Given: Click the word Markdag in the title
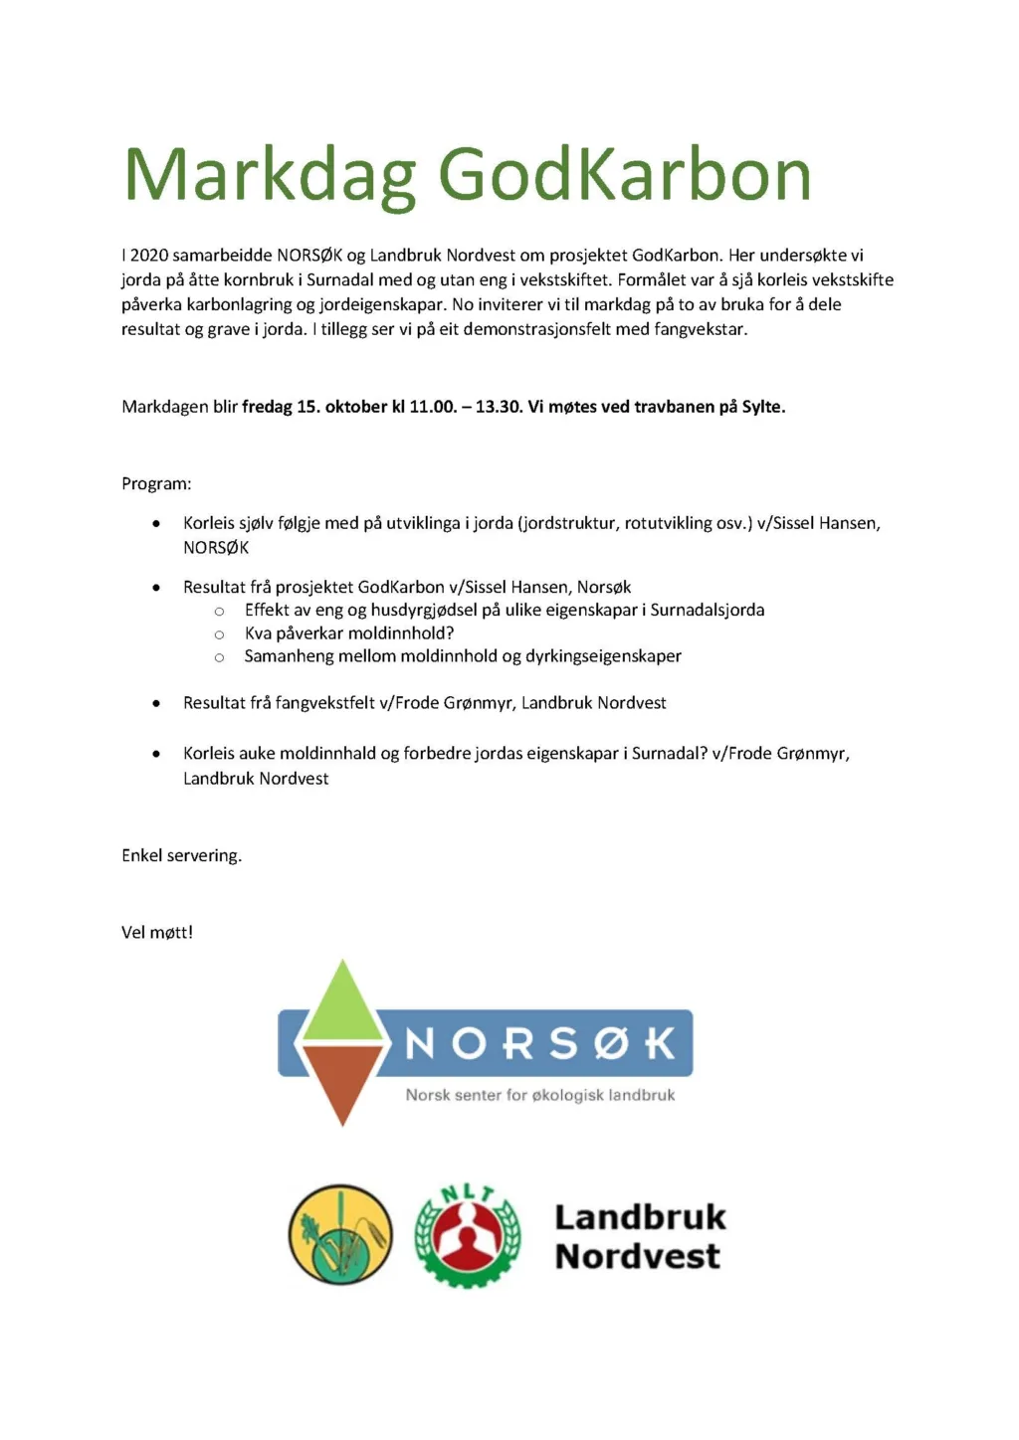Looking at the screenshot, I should point(269,176).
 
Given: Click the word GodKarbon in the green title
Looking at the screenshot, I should point(624,176).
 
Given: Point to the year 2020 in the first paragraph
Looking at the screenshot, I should point(149,256).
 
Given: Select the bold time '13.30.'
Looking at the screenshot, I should point(500,407).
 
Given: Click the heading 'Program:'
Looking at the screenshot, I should point(156,484).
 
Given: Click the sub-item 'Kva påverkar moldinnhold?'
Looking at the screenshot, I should point(349,633).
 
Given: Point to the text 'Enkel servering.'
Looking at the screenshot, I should point(181,856).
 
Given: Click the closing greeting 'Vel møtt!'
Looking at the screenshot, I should point(157,933).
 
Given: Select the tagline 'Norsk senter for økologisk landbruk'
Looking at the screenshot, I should point(540,1096).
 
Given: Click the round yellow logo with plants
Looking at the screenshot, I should point(339,1235).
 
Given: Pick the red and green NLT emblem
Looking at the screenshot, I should point(467,1235).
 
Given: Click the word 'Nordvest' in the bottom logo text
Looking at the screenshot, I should point(637,1257).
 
